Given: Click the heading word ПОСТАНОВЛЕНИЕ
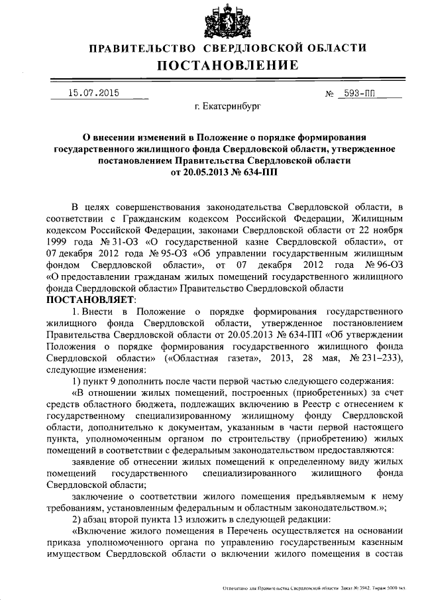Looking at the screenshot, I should tap(228, 65).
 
